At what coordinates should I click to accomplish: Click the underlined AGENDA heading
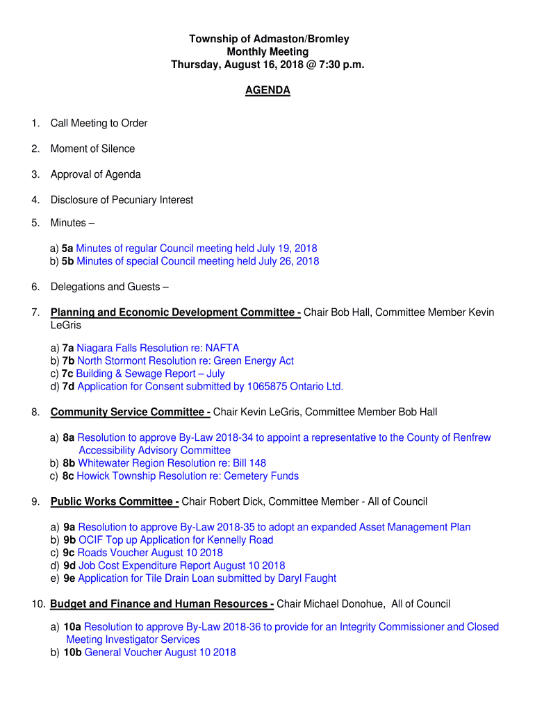[267, 91]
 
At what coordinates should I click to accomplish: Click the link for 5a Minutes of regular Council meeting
[197, 249]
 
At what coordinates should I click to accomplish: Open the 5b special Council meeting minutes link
[198, 262]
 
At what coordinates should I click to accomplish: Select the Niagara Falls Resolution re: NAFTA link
[158, 348]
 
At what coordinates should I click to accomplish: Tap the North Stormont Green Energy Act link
[186, 361]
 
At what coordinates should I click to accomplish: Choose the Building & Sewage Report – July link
[150, 374]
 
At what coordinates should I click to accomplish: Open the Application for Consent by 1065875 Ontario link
[210, 387]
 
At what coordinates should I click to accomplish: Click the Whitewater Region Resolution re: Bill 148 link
[172, 463]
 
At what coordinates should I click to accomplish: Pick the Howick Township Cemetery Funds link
[188, 476]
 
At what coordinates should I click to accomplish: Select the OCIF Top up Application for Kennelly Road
[176, 540]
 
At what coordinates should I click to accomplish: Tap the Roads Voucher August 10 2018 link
[150, 553]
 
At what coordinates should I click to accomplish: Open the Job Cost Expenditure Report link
[181, 566]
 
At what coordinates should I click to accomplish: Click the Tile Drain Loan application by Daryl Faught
[207, 578]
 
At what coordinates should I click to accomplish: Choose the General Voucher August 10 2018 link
[160, 653]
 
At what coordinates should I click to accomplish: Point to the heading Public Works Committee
[115, 502]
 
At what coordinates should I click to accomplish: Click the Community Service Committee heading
[130, 412]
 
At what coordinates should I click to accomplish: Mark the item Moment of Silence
[92, 149]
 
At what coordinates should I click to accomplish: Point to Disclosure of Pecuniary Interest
[122, 200]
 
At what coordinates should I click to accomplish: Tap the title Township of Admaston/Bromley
[269, 40]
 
